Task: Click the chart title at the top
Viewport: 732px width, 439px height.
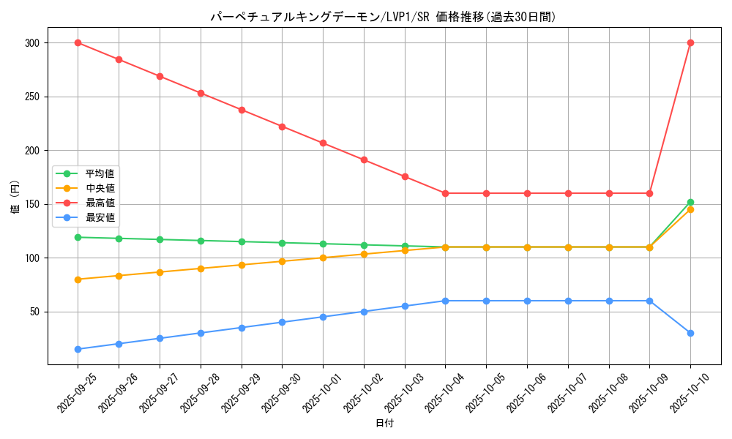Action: pos(383,17)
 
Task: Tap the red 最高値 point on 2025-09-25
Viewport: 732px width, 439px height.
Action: pos(78,42)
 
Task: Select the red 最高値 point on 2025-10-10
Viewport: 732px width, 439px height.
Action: pos(690,42)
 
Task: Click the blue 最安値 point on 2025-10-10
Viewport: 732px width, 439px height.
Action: pos(690,333)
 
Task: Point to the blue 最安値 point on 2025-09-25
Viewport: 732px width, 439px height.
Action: pos(78,349)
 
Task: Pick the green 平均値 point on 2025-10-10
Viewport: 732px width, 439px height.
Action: pos(690,202)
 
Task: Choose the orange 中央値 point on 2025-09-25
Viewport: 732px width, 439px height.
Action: pos(78,279)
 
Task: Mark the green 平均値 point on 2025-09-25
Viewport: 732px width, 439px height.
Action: pos(78,237)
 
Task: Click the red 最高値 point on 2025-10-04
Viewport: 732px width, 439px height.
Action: pos(445,193)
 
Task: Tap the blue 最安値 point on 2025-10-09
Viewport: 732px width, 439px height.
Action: pos(649,301)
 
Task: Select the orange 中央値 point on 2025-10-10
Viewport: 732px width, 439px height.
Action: pos(690,210)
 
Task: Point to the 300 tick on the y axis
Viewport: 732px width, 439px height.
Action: pos(35,43)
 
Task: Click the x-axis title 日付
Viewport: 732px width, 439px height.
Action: pos(384,424)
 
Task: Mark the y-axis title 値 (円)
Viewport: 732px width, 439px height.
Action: pos(15,197)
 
